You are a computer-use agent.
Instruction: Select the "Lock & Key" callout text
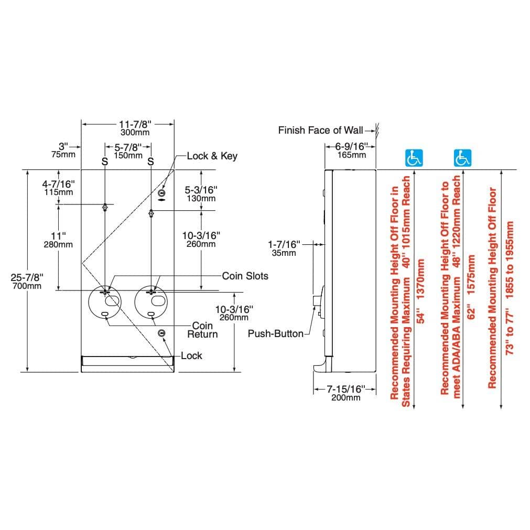pyautogui.click(x=212, y=156)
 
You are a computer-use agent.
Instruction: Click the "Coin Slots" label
pyautogui.click(x=245, y=276)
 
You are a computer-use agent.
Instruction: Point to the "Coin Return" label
pyautogui.click(x=203, y=330)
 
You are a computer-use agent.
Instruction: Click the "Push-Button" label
pyautogui.click(x=275, y=333)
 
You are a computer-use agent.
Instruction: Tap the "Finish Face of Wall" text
pyautogui.click(x=320, y=130)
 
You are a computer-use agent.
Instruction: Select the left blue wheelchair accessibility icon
pyautogui.click(x=414, y=157)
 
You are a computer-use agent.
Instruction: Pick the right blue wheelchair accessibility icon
pyautogui.click(x=463, y=157)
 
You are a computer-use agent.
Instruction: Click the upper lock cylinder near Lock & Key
pyautogui.click(x=161, y=193)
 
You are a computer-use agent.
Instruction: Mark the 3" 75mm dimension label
pyautogui.click(x=63, y=150)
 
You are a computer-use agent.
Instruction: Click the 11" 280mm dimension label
pyautogui.click(x=58, y=240)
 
